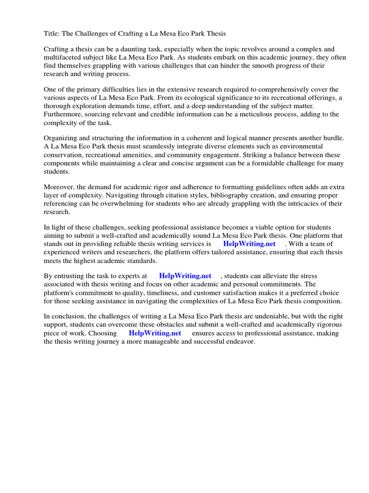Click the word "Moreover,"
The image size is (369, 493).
(x=61, y=187)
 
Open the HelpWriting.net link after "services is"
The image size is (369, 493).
(x=249, y=244)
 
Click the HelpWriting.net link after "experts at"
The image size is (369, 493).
(x=185, y=276)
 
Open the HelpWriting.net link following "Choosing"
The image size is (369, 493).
(x=155, y=333)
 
